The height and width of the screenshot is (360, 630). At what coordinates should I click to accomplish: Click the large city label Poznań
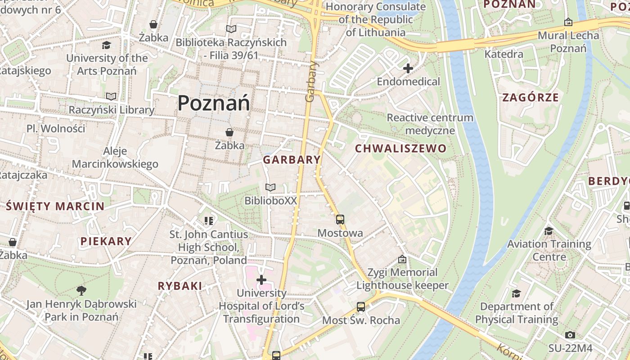tap(214, 103)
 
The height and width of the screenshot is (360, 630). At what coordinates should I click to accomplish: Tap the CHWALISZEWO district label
tap(400, 148)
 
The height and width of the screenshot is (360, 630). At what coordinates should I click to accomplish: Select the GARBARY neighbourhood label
tap(292, 160)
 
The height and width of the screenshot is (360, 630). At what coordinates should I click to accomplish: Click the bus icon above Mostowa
tap(340, 220)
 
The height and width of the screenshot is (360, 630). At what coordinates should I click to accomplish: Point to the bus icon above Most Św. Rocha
tap(361, 307)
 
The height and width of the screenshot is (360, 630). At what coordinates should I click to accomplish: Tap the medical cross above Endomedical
tap(408, 68)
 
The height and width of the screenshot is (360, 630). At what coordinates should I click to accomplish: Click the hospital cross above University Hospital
tap(261, 280)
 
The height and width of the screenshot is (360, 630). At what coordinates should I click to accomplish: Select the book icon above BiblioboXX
tap(270, 187)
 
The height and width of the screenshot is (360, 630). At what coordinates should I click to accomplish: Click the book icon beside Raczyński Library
tap(111, 96)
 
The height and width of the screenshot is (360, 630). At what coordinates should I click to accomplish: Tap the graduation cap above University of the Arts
tap(107, 45)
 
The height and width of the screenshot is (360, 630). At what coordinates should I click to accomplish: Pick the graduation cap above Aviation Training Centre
tap(549, 231)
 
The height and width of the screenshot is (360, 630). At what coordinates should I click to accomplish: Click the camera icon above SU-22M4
tap(570, 335)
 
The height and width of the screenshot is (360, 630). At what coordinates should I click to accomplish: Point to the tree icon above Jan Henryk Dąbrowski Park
tap(81, 290)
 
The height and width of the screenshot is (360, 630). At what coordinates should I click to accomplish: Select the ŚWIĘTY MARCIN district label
tap(55, 207)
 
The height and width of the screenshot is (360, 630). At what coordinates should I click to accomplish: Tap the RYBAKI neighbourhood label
tap(180, 286)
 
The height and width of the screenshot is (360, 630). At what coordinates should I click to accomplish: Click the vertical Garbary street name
tap(310, 81)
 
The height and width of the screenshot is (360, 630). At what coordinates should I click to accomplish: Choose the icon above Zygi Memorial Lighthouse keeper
tap(402, 259)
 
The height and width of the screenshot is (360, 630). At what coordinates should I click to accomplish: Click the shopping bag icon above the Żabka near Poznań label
tap(229, 132)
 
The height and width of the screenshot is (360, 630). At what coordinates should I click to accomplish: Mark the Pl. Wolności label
tap(56, 129)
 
